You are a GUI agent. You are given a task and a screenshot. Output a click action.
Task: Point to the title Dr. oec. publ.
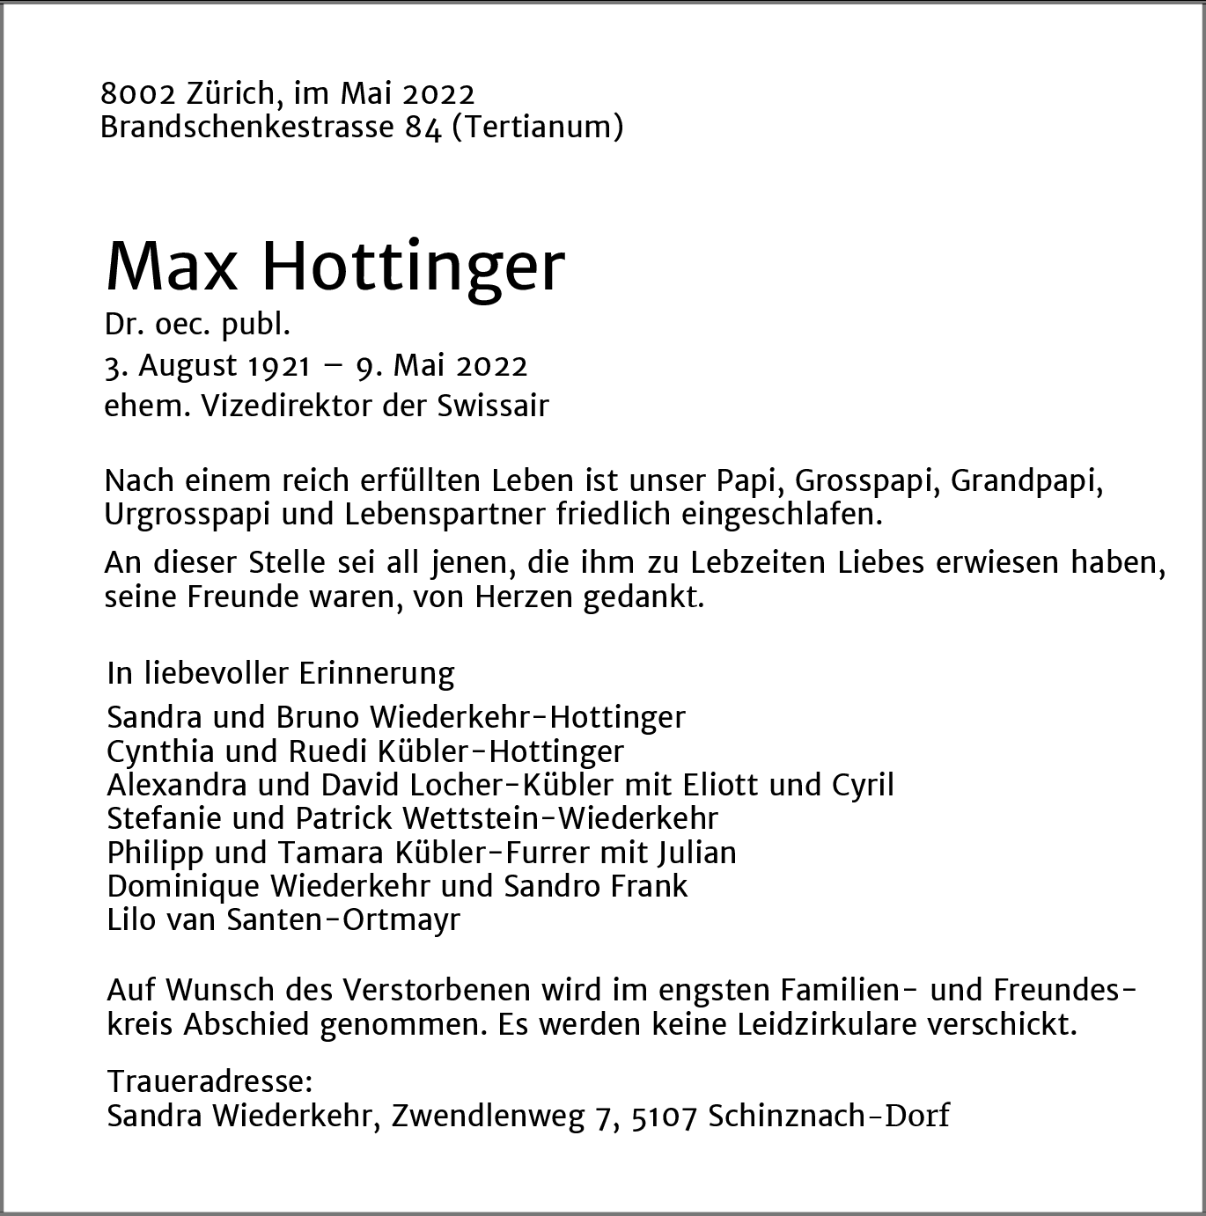click(x=197, y=326)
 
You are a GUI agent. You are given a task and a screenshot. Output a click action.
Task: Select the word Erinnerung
click(x=377, y=673)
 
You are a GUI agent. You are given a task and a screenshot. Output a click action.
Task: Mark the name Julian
click(x=695, y=853)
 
